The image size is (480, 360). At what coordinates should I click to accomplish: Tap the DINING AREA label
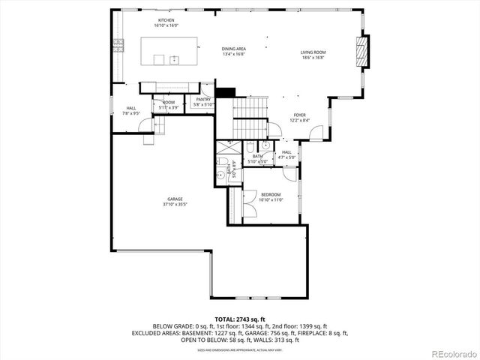(234, 49)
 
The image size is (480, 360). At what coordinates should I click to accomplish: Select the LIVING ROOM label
(313, 52)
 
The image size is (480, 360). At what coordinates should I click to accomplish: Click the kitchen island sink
(174, 58)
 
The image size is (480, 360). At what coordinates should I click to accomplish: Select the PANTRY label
(202, 99)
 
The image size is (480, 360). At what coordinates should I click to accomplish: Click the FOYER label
(299, 115)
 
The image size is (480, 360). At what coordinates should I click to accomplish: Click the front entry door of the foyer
(318, 134)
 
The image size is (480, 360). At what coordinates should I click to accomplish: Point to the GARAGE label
(175, 199)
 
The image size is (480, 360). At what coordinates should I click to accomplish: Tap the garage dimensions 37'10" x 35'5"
(175, 204)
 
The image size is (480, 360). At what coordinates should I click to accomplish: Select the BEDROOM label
(270, 194)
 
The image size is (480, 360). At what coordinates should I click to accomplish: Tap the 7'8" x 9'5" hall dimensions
(131, 113)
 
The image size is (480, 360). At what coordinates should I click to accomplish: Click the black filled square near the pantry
(225, 92)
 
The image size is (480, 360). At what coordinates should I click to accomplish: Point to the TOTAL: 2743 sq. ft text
(240, 319)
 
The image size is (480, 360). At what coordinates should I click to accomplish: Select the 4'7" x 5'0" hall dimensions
(286, 157)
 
